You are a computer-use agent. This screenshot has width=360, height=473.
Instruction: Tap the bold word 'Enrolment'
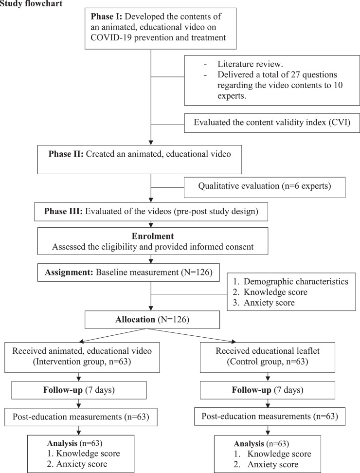click(x=152, y=237)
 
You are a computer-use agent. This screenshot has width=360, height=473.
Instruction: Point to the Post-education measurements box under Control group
click(x=267, y=418)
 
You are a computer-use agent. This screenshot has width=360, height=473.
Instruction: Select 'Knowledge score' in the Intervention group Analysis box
click(x=86, y=454)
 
